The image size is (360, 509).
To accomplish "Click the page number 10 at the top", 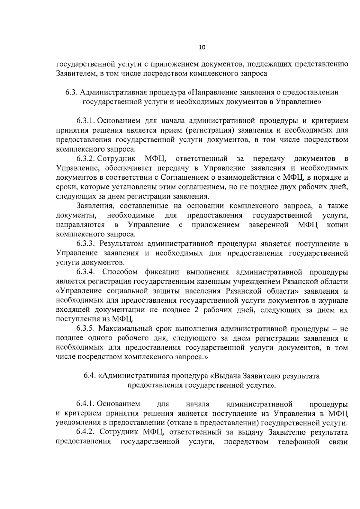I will (x=202, y=47).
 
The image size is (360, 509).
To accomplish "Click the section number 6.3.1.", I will (x=85, y=121).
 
